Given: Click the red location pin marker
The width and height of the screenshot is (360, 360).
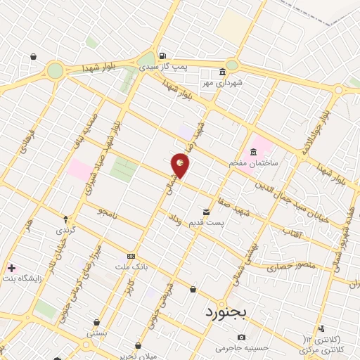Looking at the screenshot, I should tap(181, 165).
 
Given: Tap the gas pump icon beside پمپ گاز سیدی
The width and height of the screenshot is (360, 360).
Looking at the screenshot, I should tap(162, 56).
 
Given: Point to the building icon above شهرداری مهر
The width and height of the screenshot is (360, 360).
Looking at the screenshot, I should tap(223, 72).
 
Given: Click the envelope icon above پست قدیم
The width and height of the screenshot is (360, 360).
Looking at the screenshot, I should tap(206, 212).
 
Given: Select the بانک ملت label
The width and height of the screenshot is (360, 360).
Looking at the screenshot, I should tap(131, 266).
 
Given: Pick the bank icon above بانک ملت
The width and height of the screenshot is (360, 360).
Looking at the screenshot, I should tap(131, 256).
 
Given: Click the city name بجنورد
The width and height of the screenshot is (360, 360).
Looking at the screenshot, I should tap(224, 311).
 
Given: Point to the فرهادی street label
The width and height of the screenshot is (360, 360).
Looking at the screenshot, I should tap(27, 141).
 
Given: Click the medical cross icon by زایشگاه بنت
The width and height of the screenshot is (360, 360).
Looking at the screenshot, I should tap(11, 268).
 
